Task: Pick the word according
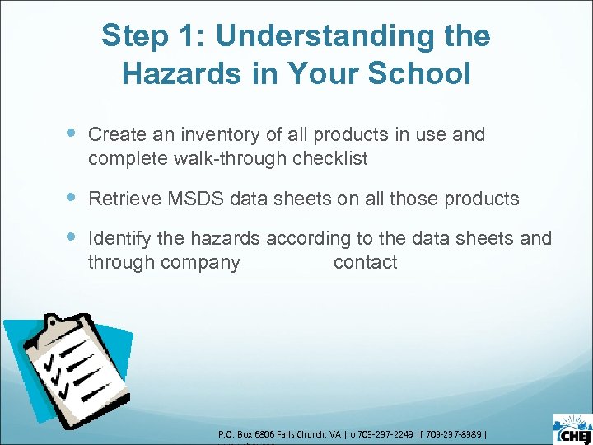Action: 307,239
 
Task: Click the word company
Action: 200,263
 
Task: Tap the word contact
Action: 365,263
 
